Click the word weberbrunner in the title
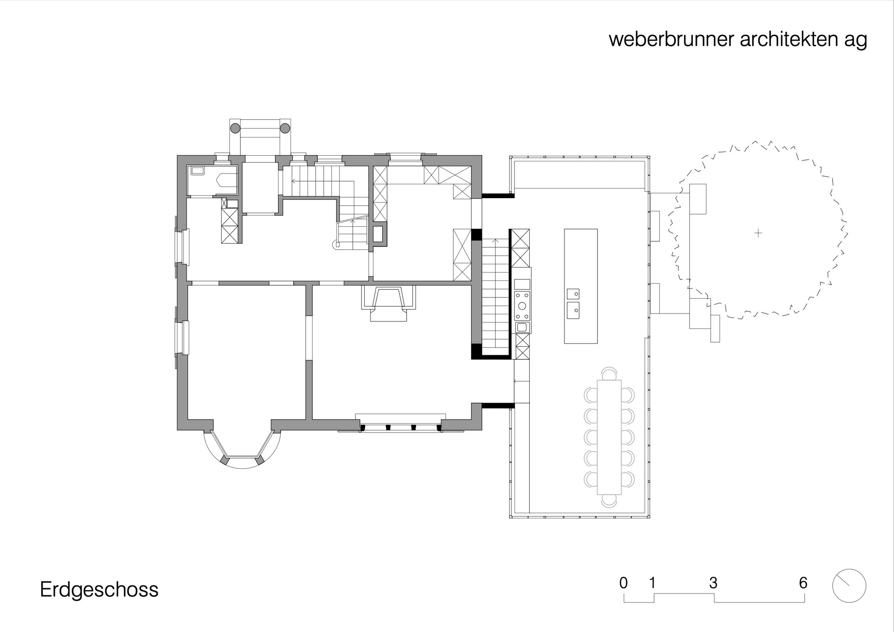pyautogui.click(x=671, y=39)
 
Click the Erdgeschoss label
pyautogui.click(x=99, y=590)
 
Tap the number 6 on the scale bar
pyautogui.click(x=803, y=583)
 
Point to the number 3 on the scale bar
pyautogui.click(x=713, y=583)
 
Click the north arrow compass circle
pyautogui.click(x=849, y=586)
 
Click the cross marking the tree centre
pyautogui.click(x=758, y=233)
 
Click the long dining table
pyautogui.click(x=609, y=437)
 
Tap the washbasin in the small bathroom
pyautogui.click(x=197, y=170)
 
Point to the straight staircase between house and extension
pyautogui.click(x=495, y=295)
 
